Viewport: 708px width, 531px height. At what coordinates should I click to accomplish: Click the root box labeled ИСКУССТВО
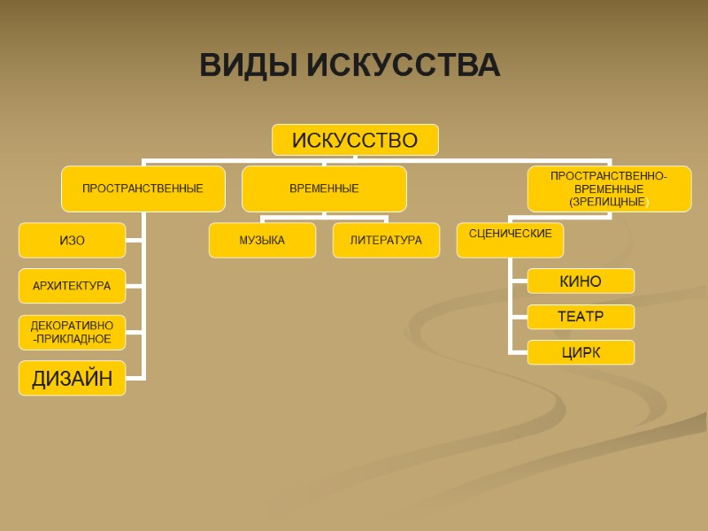pyautogui.click(x=354, y=140)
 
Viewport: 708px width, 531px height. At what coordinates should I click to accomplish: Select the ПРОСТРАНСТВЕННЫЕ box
pyautogui.click(x=142, y=189)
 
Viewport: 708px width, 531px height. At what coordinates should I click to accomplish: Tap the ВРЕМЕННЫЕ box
pyautogui.click(x=324, y=189)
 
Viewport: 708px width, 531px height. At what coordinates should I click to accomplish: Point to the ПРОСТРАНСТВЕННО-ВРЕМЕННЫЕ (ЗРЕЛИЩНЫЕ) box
pyautogui.click(x=609, y=189)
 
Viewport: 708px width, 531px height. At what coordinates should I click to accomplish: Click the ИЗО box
pyautogui.click(x=72, y=240)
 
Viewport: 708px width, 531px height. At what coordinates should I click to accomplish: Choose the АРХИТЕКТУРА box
pyautogui.click(x=72, y=286)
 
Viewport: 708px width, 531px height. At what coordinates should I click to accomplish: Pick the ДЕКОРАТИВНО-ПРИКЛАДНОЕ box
pyautogui.click(x=72, y=332)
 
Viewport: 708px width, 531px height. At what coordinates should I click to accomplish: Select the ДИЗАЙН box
pyautogui.click(x=72, y=379)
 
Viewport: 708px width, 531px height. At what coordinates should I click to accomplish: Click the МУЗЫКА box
pyautogui.click(x=262, y=240)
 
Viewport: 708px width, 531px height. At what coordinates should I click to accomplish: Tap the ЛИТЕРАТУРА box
pyautogui.click(x=386, y=240)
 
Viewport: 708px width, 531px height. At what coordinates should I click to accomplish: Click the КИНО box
pyautogui.click(x=581, y=281)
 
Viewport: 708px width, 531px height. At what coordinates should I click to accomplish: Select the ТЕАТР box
pyautogui.click(x=581, y=316)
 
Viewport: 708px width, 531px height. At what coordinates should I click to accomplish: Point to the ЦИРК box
pyautogui.click(x=581, y=352)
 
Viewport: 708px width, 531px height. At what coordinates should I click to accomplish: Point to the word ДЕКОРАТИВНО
pyautogui.click(x=72, y=326)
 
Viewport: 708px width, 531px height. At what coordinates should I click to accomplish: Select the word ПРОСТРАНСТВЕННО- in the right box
pyautogui.click(x=609, y=175)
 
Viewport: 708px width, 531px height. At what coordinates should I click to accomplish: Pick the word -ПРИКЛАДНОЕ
pyautogui.click(x=72, y=339)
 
